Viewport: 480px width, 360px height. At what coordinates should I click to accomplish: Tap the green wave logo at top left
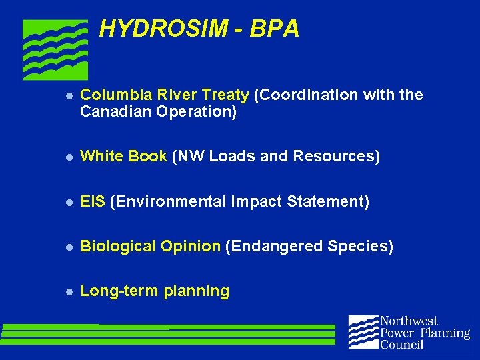pyautogui.click(x=55, y=49)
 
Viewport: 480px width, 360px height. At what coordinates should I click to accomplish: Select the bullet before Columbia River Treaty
pyautogui.click(x=68, y=96)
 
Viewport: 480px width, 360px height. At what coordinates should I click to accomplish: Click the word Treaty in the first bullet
pyautogui.click(x=226, y=95)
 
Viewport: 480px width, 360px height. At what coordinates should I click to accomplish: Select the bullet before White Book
pyautogui.click(x=68, y=157)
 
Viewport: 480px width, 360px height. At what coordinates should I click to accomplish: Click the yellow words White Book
pyautogui.click(x=123, y=157)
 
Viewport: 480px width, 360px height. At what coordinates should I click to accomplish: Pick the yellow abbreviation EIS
pyautogui.click(x=93, y=201)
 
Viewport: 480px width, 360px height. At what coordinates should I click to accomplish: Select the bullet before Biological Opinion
pyautogui.click(x=68, y=247)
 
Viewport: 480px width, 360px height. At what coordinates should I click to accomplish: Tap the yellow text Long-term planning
pyautogui.click(x=155, y=291)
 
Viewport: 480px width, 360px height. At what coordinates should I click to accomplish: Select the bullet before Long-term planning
pyautogui.click(x=68, y=292)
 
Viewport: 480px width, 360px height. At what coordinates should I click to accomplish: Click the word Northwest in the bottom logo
pyautogui.click(x=408, y=321)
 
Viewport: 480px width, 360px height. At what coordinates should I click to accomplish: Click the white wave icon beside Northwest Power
pyautogui.click(x=363, y=332)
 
